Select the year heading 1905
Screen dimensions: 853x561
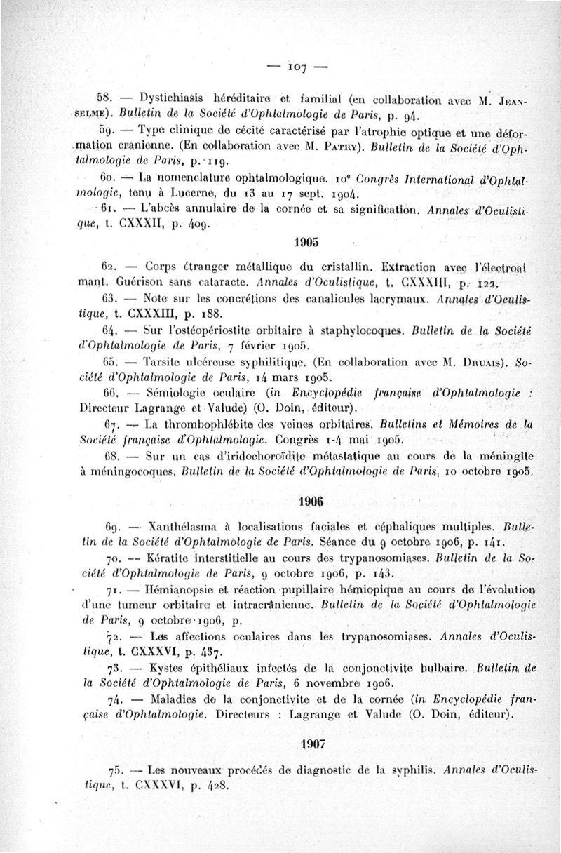(306, 242)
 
